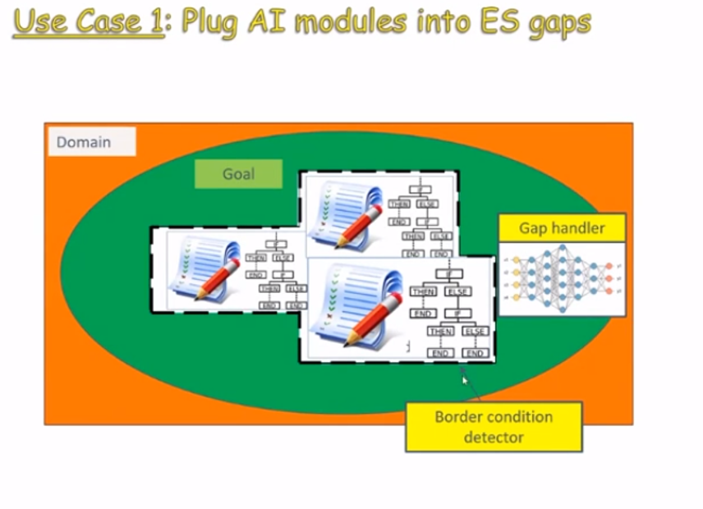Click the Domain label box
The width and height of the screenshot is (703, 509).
[x=90, y=142]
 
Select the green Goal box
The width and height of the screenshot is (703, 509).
[x=238, y=174]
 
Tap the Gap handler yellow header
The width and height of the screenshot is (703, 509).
[x=562, y=228]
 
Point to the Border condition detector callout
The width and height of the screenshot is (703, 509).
[x=494, y=426]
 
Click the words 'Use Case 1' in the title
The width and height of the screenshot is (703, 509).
[x=89, y=21]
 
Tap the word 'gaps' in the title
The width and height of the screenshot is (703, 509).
[x=562, y=23]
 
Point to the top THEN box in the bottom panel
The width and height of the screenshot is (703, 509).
[x=423, y=291]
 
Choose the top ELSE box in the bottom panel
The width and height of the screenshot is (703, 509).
[x=457, y=291]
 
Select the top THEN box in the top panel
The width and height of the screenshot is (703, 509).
[x=400, y=204]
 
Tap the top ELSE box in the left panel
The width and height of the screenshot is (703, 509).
[x=283, y=257]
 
